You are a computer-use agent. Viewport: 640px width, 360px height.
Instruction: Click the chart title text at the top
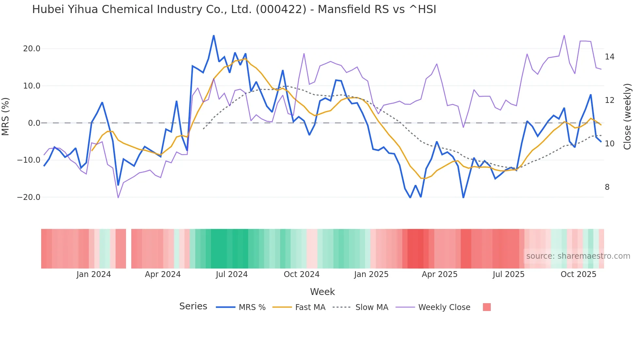(x=234, y=9)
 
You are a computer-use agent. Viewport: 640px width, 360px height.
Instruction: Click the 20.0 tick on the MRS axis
(x=32, y=49)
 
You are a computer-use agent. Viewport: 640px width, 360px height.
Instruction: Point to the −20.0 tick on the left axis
(x=29, y=197)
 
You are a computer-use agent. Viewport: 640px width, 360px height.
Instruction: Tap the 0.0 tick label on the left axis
(x=34, y=123)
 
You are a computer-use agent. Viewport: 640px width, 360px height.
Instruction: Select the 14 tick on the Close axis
(x=609, y=57)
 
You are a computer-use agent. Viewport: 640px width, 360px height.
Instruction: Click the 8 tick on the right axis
(x=607, y=187)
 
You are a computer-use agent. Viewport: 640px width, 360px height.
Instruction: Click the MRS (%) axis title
(x=6, y=116)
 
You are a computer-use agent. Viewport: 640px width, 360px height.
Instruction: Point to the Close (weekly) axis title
(x=627, y=117)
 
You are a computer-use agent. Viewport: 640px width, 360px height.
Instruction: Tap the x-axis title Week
(x=322, y=292)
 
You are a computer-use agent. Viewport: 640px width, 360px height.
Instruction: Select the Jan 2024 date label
(x=94, y=274)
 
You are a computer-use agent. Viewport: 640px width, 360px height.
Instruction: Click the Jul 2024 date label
(x=232, y=274)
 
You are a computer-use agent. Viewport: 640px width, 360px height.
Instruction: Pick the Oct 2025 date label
(x=578, y=274)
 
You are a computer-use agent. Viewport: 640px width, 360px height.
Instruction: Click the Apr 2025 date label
(x=440, y=274)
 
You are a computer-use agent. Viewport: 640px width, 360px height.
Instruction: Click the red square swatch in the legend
(x=487, y=307)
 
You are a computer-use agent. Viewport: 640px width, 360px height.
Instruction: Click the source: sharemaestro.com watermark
(x=578, y=256)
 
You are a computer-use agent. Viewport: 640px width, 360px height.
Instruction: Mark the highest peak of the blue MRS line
(x=214, y=36)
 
